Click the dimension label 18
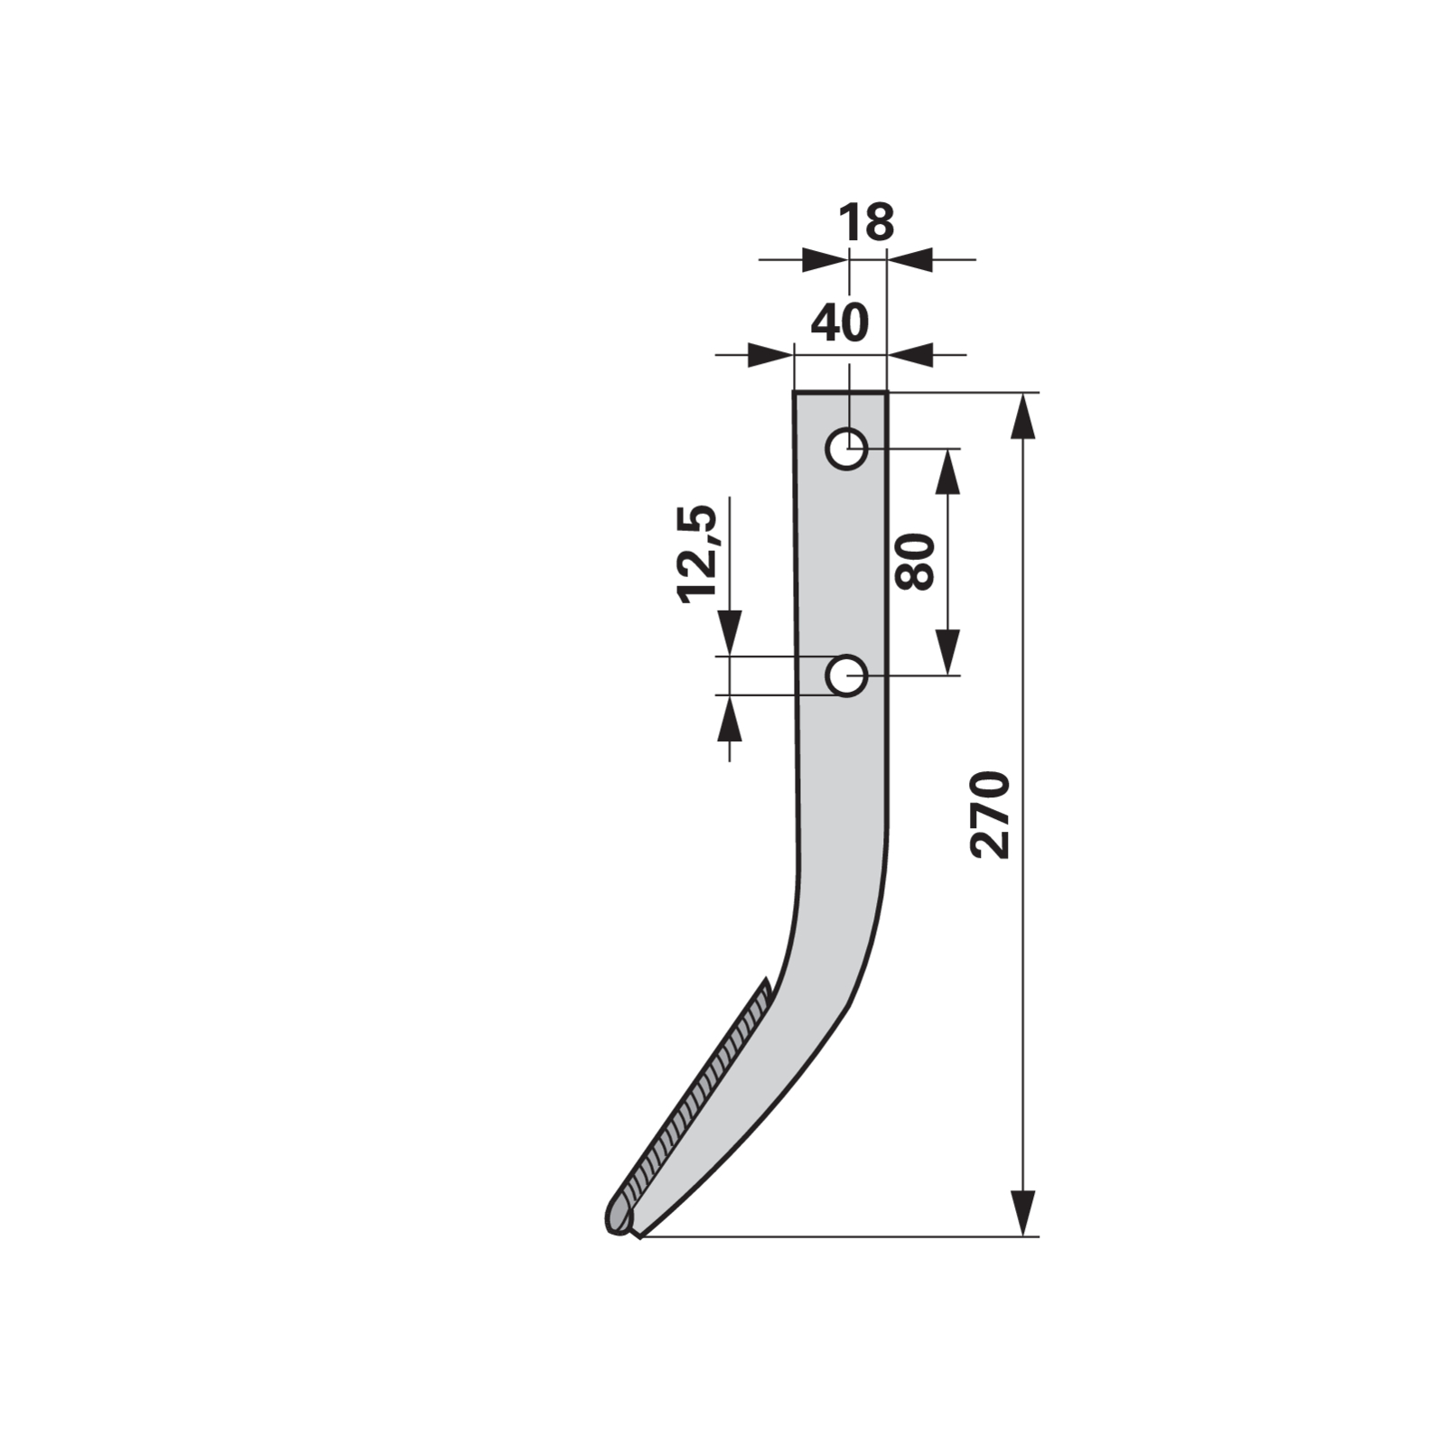pyautogui.click(x=866, y=222)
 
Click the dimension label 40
pyautogui.click(x=840, y=322)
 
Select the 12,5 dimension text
pyautogui.click(x=697, y=553)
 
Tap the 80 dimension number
pyautogui.click(x=915, y=561)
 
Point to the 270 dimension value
pyautogui.click(x=989, y=814)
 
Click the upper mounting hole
pyautogui.click(x=846, y=448)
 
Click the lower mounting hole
pyautogui.click(x=846, y=676)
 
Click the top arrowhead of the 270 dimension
pyautogui.click(x=1021, y=415)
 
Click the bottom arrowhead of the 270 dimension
pyautogui.click(x=1021, y=1213)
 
